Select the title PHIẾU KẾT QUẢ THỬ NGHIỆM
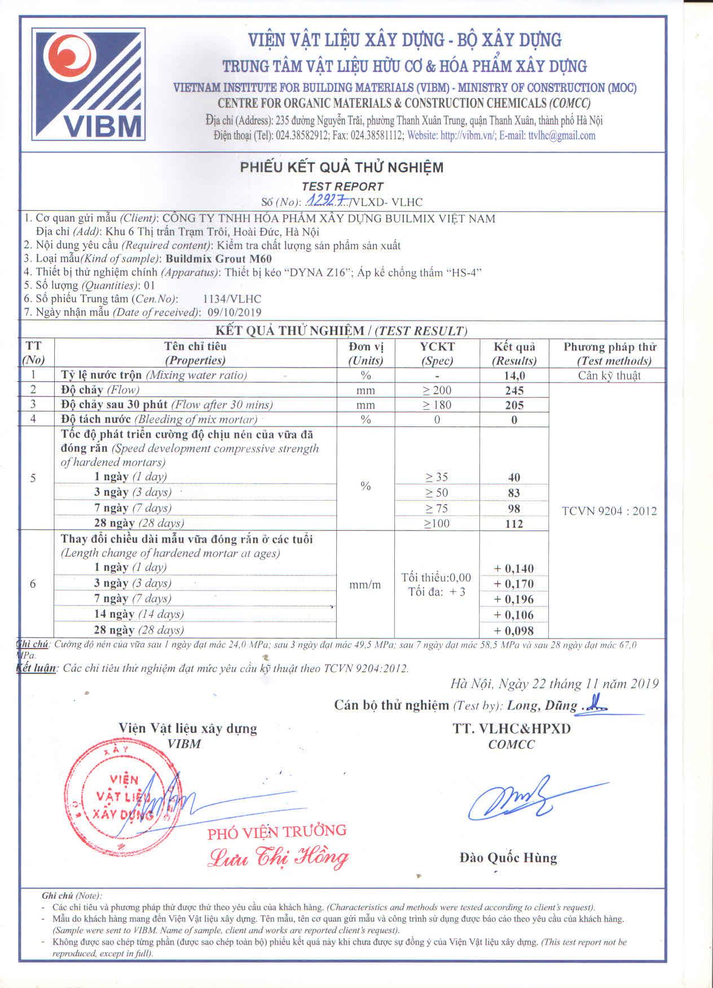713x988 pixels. click(x=342, y=167)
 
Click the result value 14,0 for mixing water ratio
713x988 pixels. click(x=514, y=376)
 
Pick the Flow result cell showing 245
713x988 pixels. click(x=514, y=390)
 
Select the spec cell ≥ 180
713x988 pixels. click(x=437, y=405)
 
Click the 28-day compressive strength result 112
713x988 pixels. click(x=514, y=524)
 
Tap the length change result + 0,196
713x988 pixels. click(x=514, y=599)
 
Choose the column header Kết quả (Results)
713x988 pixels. click(x=514, y=354)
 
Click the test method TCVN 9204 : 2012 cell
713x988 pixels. click(x=609, y=511)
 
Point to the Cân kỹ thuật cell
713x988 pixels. click(x=609, y=376)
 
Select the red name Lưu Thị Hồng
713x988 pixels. click(x=278, y=857)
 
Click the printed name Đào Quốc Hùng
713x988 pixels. click(x=508, y=858)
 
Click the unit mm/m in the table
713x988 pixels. click(x=365, y=585)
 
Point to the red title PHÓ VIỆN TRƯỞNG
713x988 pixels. click(x=276, y=832)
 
